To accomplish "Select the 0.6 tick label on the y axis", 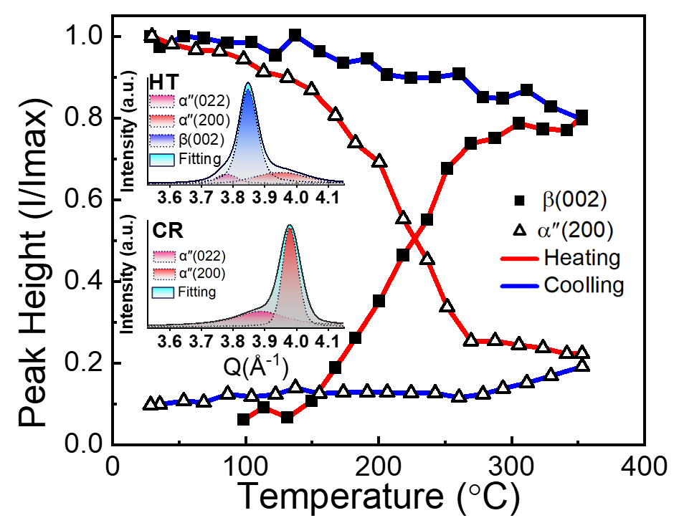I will pyautogui.click(x=85, y=200).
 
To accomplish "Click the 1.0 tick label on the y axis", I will pyautogui.click(x=85, y=36).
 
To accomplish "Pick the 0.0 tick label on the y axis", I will pyautogui.click(x=85, y=445).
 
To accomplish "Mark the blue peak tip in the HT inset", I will pyautogui.click(x=248, y=83).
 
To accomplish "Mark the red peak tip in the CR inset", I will pyautogui.click(x=290, y=226).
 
